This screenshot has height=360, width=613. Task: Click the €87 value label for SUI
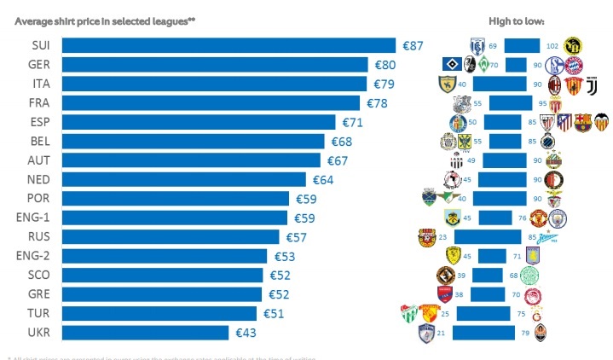pyautogui.click(x=413, y=45)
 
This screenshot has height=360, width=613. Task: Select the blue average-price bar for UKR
pyautogui.click(x=145, y=332)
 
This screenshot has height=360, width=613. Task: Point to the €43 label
pyautogui.click(x=246, y=332)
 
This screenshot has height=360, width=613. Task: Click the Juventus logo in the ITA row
pyautogui.click(x=594, y=84)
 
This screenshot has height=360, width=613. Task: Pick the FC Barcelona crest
pyautogui.click(x=582, y=122)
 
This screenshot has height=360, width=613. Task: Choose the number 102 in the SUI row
pyautogui.click(x=552, y=45)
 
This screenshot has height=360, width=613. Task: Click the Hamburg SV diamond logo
pyautogui.click(x=447, y=64)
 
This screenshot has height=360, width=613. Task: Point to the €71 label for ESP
pyautogui.click(x=352, y=122)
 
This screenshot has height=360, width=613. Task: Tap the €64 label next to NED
pyautogui.click(x=322, y=179)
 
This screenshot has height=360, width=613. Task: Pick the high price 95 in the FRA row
pyautogui.click(x=541, y=103)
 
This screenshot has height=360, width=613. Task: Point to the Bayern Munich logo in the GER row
pyautogui.click(x=574, y=65)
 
